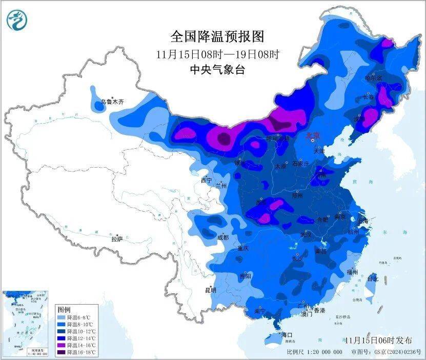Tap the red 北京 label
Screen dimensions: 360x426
click(312, 135)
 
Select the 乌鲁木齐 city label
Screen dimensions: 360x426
click(112, 103)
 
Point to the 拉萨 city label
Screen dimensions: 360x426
click(117, 238)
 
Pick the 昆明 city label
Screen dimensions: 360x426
click(210, 290)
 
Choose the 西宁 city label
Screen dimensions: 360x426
click(206, 181)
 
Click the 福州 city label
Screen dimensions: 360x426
click(352, 271)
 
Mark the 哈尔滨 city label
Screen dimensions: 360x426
click(373, 78)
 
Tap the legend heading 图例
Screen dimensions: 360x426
click(64, 310)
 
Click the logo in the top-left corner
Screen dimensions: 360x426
click(17, 20)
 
